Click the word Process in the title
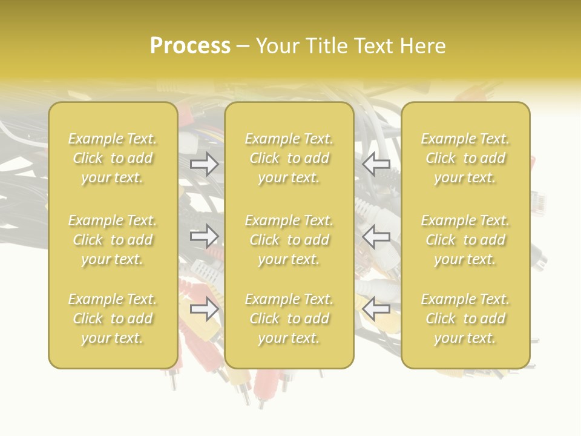click(190, 46)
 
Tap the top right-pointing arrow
click(204, 163)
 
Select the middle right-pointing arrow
click(204, 236)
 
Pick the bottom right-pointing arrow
click(204, 309)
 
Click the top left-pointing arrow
click(376, 163)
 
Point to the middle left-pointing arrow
click(376, 236)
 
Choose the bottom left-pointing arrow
click(376, 309)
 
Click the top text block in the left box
click(113, 158)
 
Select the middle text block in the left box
click(113, 240)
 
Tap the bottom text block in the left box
click(113, 319)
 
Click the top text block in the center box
click(289, 158)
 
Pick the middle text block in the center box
click(289, 240)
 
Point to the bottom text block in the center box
click(289, 319)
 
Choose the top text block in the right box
click(465, 158)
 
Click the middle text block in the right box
click(465, 240)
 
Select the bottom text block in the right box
click(465, 319)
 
